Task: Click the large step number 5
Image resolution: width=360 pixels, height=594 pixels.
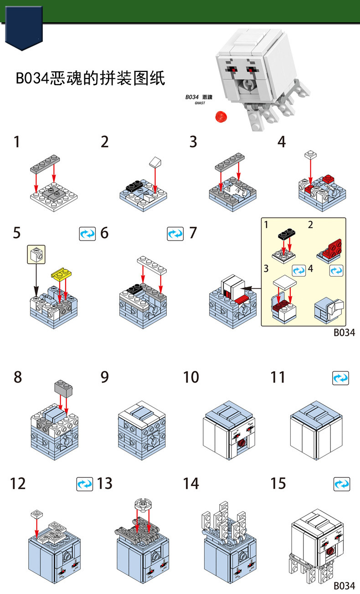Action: coord(16,233)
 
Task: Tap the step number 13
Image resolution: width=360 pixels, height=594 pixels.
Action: coord(105,483)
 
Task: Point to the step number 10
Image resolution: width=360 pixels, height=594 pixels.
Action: coord(191,377)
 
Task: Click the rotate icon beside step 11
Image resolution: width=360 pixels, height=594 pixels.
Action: coord(341,378)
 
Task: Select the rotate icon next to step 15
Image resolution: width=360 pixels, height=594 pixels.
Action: coord(341,484)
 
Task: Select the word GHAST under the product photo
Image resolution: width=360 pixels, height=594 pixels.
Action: coord(200,103)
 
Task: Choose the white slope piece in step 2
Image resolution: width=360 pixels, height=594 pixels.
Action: coord(155,161)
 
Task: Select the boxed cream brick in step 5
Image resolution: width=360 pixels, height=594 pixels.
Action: coord(36,256)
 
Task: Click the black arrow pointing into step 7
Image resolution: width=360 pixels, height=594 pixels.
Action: coord(249,289)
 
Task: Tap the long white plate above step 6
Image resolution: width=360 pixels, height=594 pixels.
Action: coord(152,265)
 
